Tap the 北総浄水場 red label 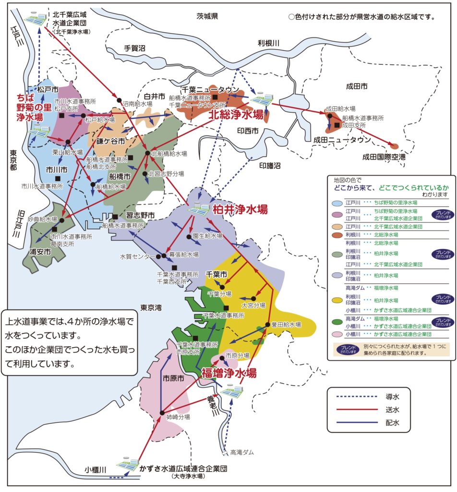tap(235, 115)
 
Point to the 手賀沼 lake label tap(134, 48)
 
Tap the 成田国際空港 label tap(384, 157)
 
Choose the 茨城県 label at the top tap(207, 16)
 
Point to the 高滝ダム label tap(242, 452)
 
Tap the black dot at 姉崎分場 tap(162, 413)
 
